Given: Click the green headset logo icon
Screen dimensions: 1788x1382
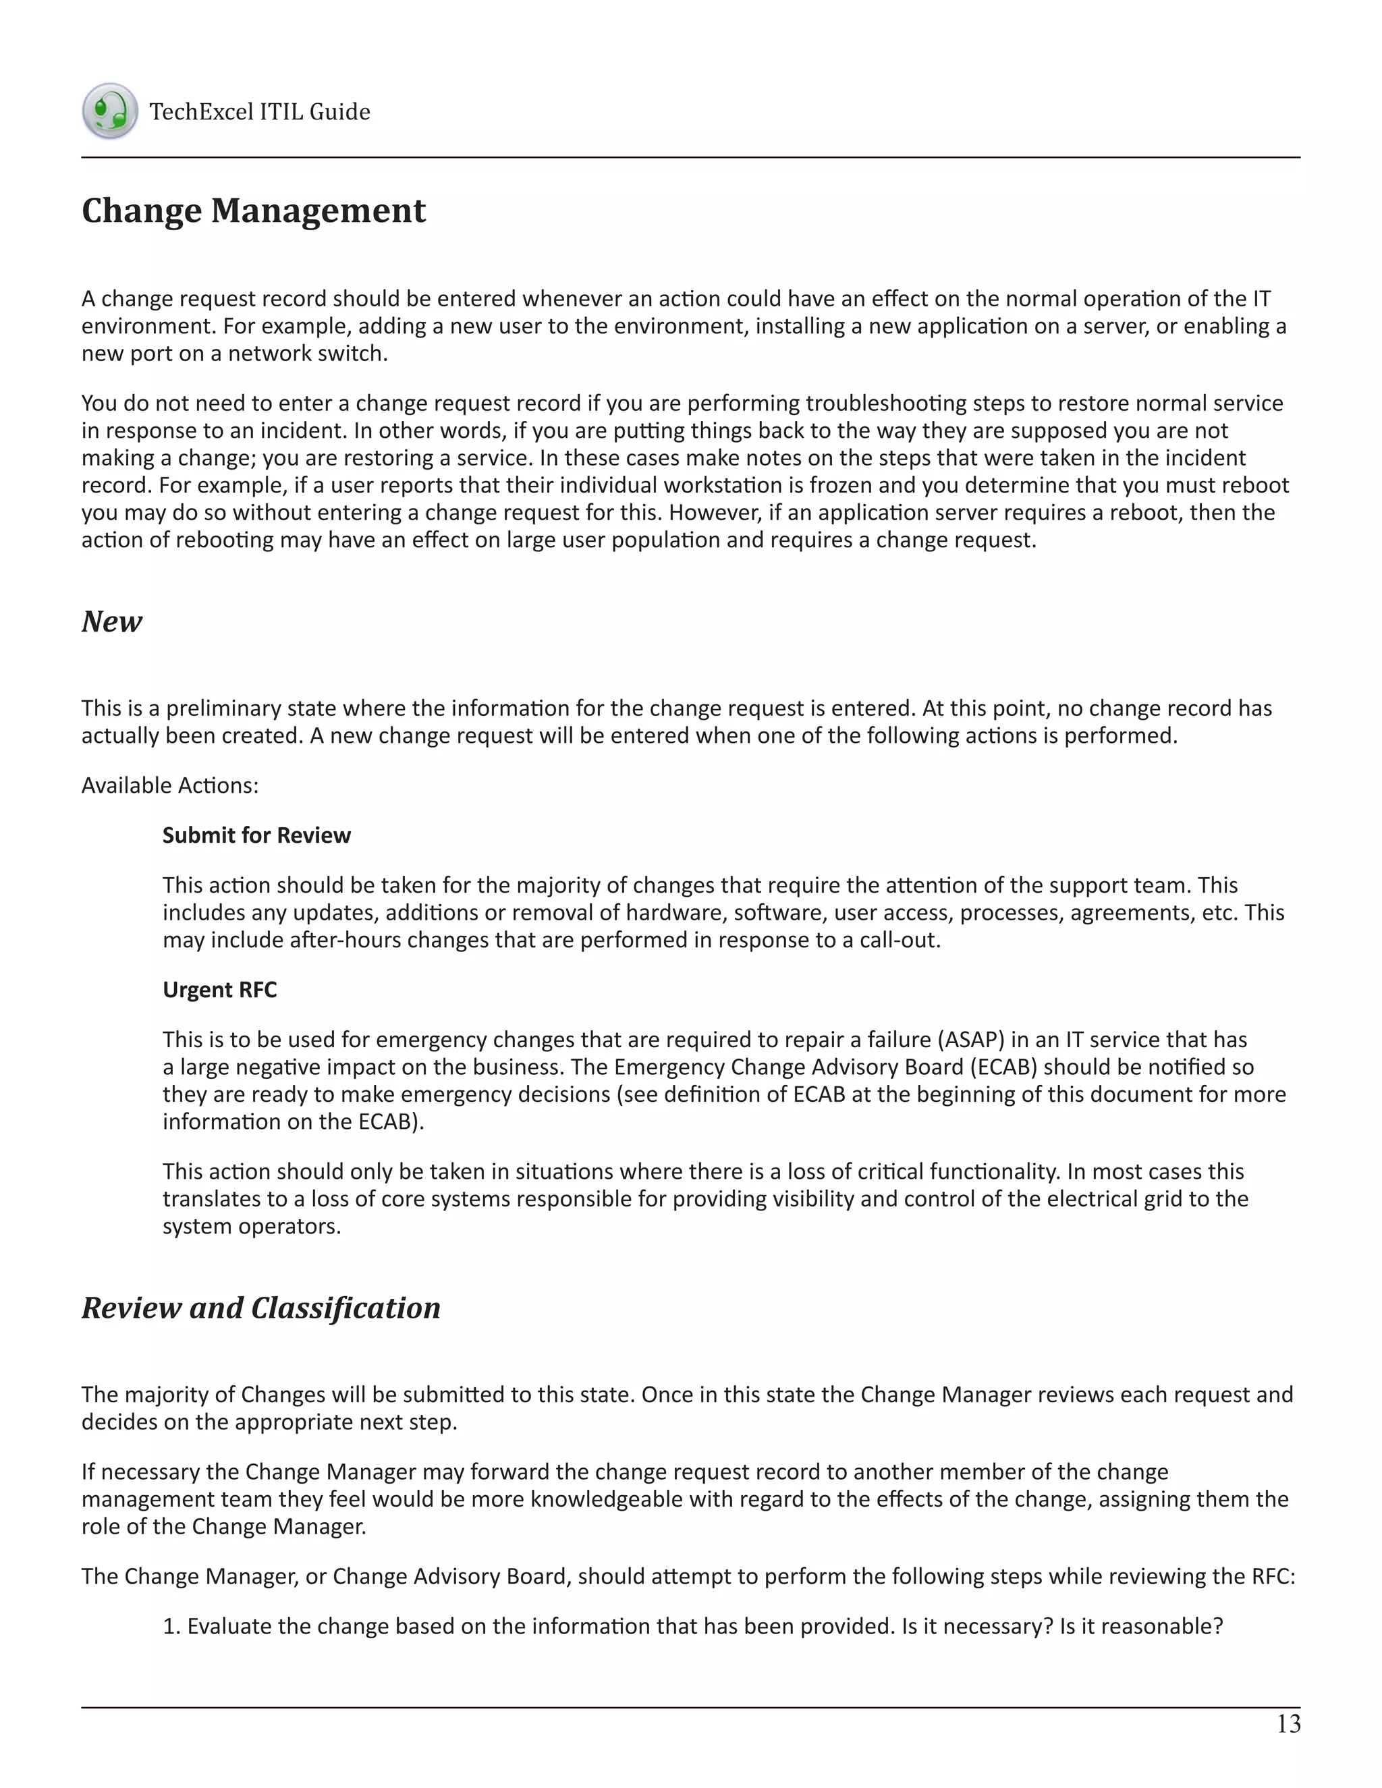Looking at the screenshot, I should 110,111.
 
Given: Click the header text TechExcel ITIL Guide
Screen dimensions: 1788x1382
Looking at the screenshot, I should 260,111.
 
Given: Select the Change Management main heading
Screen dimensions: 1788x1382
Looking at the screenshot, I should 254,211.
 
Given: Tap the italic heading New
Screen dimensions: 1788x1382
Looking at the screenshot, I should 112,621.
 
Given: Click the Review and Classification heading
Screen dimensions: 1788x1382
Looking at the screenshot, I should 261,1308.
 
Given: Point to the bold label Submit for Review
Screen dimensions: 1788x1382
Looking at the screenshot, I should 256,835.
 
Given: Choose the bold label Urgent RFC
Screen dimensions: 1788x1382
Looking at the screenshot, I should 219,990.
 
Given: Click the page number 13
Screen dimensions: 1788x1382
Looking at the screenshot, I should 1288,1724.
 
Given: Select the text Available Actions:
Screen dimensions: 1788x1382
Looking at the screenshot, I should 169,785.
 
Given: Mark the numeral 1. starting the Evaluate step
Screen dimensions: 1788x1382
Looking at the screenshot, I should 171,1626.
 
